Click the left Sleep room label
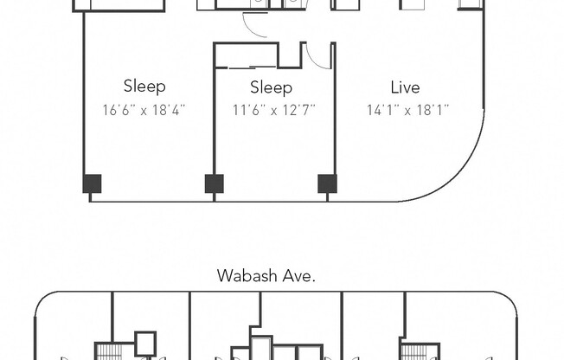[144, 86]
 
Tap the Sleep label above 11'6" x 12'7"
[271, 87]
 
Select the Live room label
[405, 87]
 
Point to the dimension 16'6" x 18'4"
[144, 110]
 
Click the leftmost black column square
[92, 183]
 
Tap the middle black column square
[214, 183]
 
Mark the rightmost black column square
[327, 183]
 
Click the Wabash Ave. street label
[266, 277]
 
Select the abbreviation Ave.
[300, 277]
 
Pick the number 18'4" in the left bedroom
[168, 110]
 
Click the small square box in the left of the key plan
[145, 343]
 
